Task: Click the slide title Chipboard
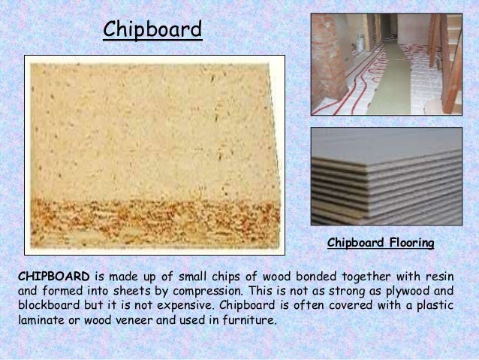click(153, 30)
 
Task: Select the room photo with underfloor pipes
click(386, 64)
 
